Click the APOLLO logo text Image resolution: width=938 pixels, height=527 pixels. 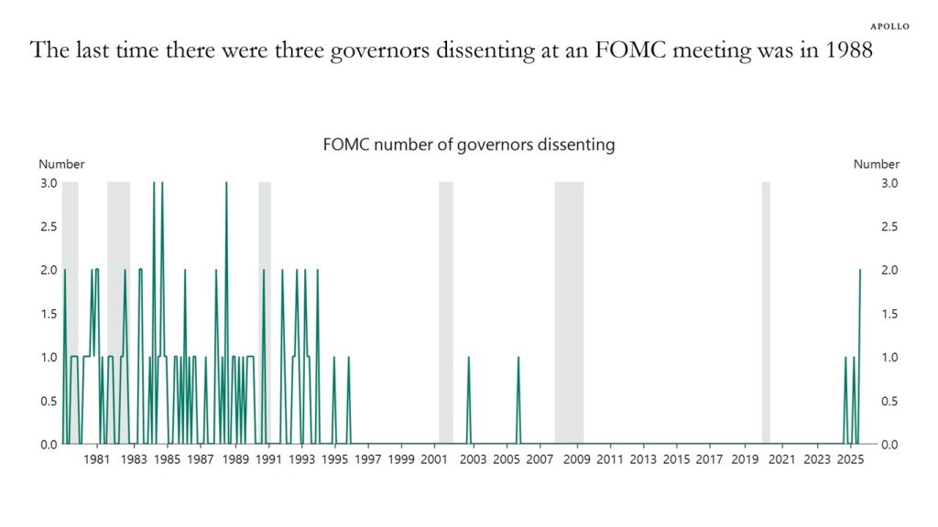[x=889, y=27]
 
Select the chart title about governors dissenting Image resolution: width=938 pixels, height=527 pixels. [x=468, y=145]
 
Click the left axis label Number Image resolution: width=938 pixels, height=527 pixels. [x=61, y=164]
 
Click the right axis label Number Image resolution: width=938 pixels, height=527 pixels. [x=876, y=164]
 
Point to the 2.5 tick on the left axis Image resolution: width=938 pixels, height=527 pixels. [x=48, y=226]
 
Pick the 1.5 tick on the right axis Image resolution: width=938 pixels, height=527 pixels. [x=889, y=314]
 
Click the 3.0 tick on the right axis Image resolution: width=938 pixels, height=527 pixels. [x=889, y=183]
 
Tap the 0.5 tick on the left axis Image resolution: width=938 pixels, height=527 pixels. [x=48, y=401]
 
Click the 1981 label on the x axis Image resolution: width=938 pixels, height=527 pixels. [x=97, y=459]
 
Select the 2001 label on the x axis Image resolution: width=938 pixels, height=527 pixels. [x=434, y=459]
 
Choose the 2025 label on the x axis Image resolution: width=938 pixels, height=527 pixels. [x=849, y=459]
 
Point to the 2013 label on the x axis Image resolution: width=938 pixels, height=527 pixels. [x=643, y=459]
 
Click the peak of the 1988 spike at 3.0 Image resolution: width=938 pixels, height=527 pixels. [x=226, y=183]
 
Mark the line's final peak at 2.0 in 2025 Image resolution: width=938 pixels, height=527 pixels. [x=860, y=271]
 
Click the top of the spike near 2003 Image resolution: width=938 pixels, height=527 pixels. [x=468, y=358]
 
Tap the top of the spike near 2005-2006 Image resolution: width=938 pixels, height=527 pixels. [x=518, y=358]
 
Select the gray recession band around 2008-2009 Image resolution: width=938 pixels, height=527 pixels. [x=569, y=311]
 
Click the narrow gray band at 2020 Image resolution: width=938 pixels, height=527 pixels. [x=766, y=311]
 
